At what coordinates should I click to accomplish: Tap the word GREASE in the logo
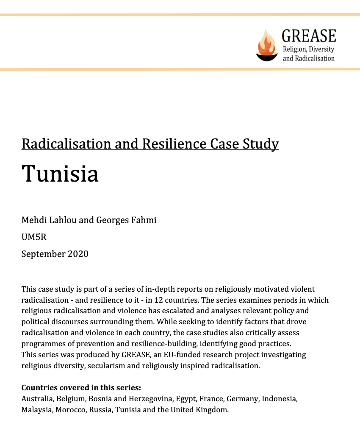point(309,36)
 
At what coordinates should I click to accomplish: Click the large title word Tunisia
point(60,173)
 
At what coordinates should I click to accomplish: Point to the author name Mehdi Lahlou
point(47,220)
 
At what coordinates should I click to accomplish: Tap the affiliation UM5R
point(34,237)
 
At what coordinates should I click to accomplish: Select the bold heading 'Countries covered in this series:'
point(81,388)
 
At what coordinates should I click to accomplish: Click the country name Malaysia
point(37,410)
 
